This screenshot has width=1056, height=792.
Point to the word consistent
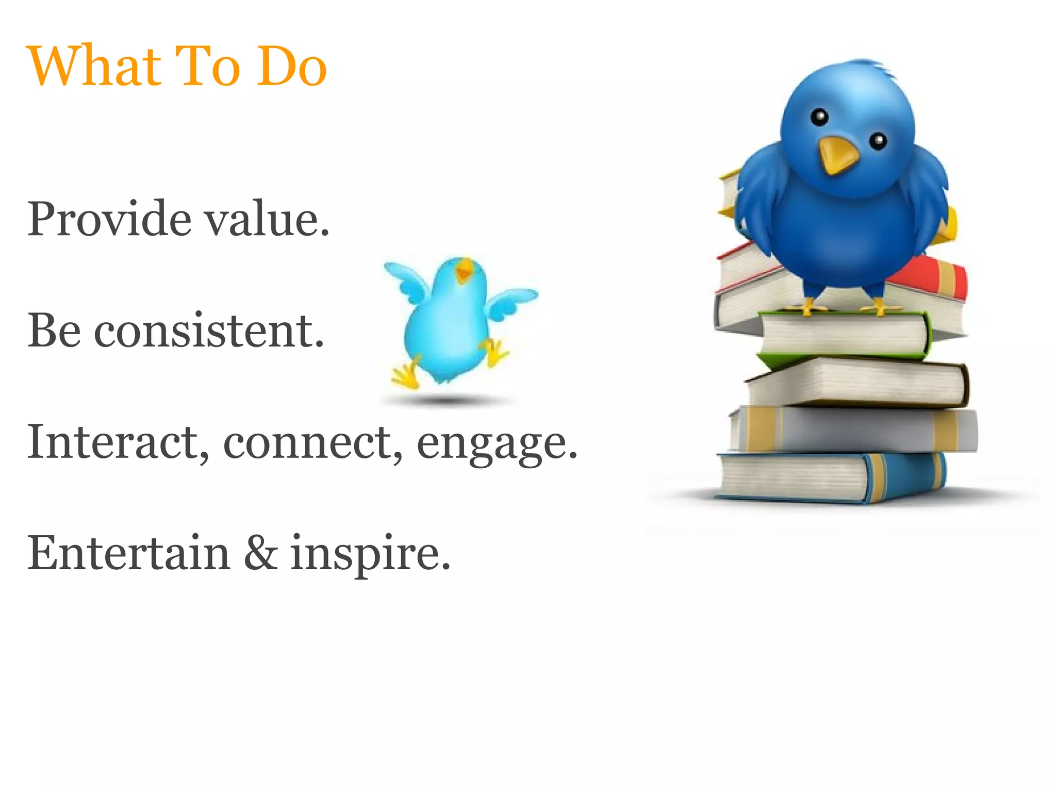coord(209,331)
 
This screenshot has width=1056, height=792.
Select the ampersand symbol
coord(261,553)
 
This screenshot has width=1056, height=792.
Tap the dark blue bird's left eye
coord(819,118)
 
